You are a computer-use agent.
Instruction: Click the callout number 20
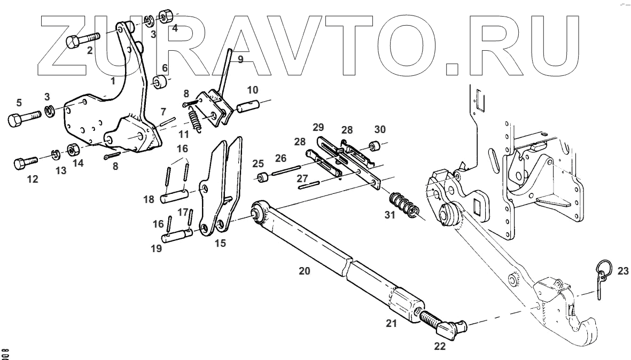(x=304, y=271)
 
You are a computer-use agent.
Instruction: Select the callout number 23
(x=622, y=271)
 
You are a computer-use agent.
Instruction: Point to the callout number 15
(x=220, y=243)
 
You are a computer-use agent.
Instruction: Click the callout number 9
(x=240, y=60)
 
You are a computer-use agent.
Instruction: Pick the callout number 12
(x=33, y=179)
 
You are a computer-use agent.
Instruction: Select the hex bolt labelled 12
(x=24, y=162)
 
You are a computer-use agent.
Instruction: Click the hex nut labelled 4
(x=165, y=14)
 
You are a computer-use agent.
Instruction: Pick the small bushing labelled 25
(x=262, y=178)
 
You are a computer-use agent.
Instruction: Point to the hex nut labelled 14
(x=71, y=149)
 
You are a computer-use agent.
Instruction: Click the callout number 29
(x=318, y=128)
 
